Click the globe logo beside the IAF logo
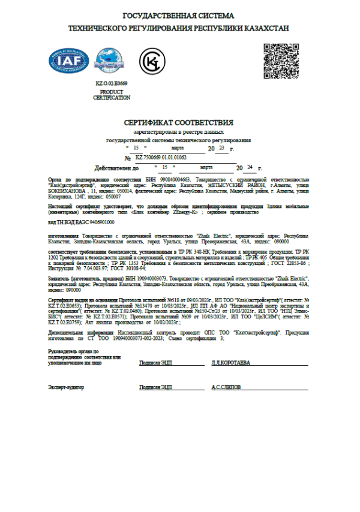coord(107,60)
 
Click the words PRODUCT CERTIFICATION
coord(112,94)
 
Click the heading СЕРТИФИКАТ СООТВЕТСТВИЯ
coord(179,122)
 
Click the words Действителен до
coord(117,168)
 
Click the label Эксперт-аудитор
coord(66,387)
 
